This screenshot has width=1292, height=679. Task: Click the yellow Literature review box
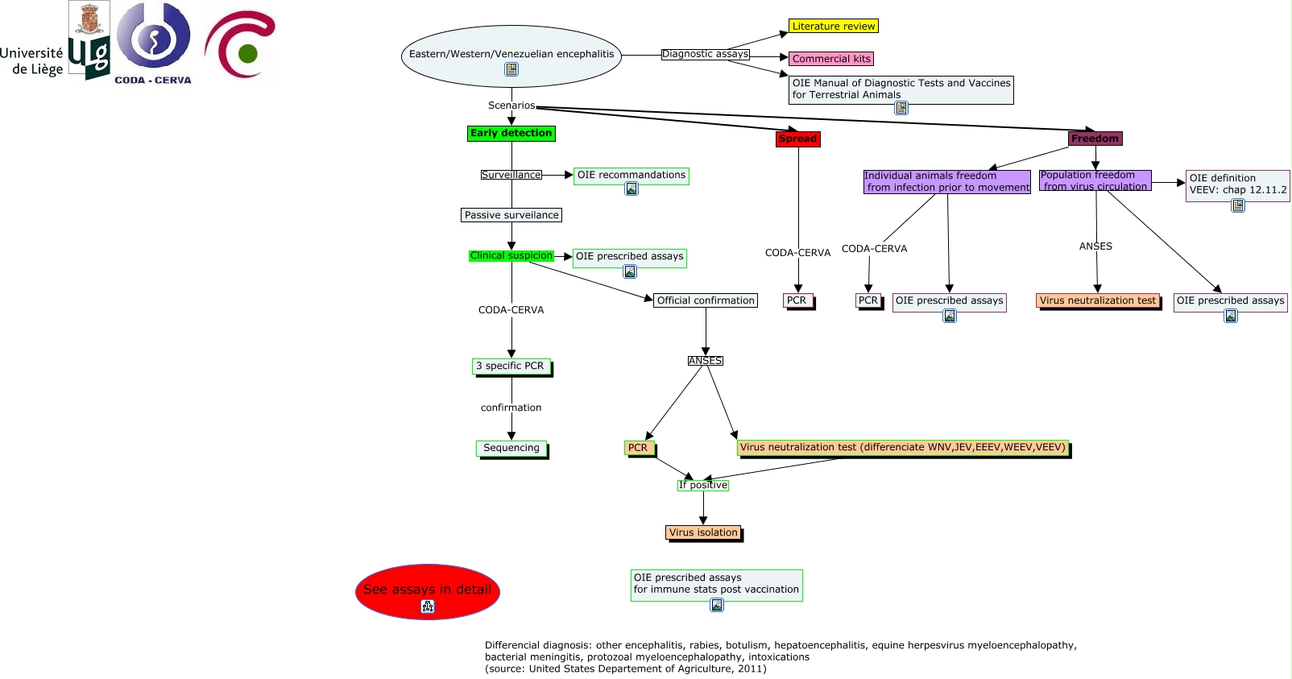tap(833, 26)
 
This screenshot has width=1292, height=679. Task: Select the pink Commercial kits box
tap(830, 59)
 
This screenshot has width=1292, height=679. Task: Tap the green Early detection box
tap(511, 134)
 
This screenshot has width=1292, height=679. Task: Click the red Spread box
tap(797, 139)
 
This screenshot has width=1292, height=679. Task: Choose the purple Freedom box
tap(1095, 139)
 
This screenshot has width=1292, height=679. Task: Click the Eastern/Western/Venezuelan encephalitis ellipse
tap(511, 55)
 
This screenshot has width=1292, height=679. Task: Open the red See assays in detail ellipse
tap(427, 590)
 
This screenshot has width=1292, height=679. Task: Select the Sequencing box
tap(511, 448)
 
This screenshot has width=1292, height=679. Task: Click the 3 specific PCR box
tap(510, 366)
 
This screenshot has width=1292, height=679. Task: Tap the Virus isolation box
tap(703, 532)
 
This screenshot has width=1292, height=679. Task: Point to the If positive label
tap(702, 485)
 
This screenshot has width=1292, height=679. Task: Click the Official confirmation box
tap(705, 300)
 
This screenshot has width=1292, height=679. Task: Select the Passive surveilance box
tap(511, 215)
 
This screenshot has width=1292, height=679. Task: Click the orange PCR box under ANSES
tap(638, 448)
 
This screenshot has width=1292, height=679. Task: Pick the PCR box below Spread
tap(797, 300)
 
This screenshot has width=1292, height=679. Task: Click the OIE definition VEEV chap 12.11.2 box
tap(1237, 184)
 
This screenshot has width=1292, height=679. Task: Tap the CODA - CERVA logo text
tap(153, 80)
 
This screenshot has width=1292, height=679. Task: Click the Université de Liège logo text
tap(32, 61)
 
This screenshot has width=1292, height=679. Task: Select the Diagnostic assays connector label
tap(705, 54)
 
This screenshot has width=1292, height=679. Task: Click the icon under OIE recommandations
tap(632, 188)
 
